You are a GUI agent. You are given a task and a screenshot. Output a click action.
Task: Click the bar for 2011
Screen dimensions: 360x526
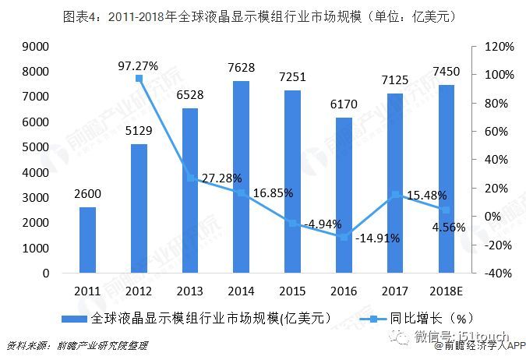88,241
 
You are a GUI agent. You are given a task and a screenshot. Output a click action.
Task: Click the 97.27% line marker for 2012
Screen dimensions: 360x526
139,79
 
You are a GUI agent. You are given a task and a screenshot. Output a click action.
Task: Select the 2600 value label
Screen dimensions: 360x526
88,194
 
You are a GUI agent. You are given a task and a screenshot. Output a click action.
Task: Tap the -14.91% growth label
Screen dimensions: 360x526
377,238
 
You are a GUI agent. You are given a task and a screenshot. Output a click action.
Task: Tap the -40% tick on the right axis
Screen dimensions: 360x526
500,274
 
